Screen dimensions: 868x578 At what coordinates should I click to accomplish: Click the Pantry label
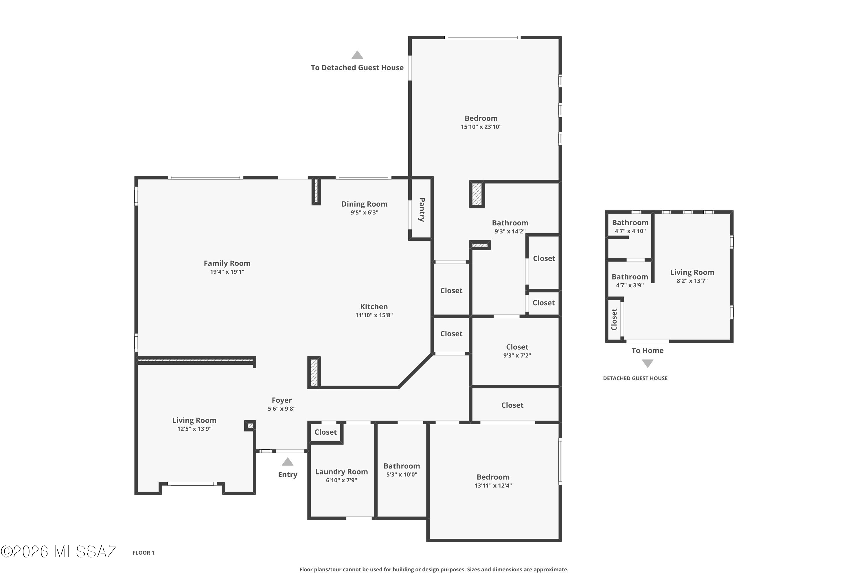pos(422,210)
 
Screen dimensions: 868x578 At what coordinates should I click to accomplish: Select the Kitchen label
pos(374,307)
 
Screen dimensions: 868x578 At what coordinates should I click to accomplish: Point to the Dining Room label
pos(364,204)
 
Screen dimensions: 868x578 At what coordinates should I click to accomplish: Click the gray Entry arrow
pos(288,462)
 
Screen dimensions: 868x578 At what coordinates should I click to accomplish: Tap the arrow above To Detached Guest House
pos(357,55)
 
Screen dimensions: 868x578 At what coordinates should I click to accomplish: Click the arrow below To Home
pos(647,364)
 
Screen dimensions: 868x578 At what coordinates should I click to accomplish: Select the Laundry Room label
pos(341,472)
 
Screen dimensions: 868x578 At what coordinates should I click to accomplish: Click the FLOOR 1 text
pos(144,553)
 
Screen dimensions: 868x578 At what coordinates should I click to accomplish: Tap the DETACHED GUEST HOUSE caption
pos(635,378)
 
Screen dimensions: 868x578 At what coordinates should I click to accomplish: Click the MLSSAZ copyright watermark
pos(59,551)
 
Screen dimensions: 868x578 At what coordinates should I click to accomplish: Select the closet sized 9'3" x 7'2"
pos(517,351)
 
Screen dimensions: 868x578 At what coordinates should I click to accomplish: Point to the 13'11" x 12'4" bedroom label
pos(493,481)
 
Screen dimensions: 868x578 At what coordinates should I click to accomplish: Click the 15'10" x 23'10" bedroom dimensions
pos(481,127)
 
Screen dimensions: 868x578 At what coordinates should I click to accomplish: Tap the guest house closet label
pos(614,319)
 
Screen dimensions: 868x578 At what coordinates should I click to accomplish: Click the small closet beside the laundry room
pos(325,432)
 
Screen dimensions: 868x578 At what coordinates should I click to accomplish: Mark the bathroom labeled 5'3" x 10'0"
pos(402,470)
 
